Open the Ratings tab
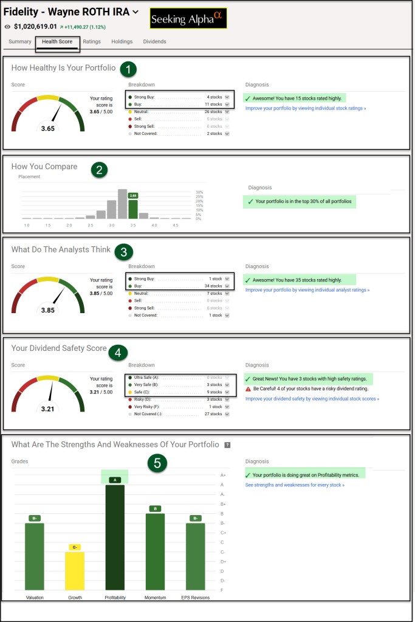tap(92, 42)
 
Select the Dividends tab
tap(154, 42)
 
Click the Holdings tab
tap(122, 42)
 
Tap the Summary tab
tap(20, 42)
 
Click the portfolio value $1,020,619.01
tap(35, 27)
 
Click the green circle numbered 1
tap(128, 68)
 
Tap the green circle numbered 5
tap(157, 463)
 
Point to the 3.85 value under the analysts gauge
tap(47, 310)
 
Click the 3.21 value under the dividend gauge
tap(47, 409)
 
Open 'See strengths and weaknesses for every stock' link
tap(295, 485)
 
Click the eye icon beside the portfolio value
tap(7, 27)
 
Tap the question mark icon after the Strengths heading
tap(227, 445)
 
